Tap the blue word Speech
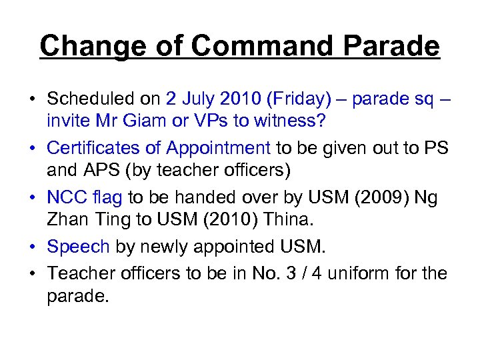[78, 247]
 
